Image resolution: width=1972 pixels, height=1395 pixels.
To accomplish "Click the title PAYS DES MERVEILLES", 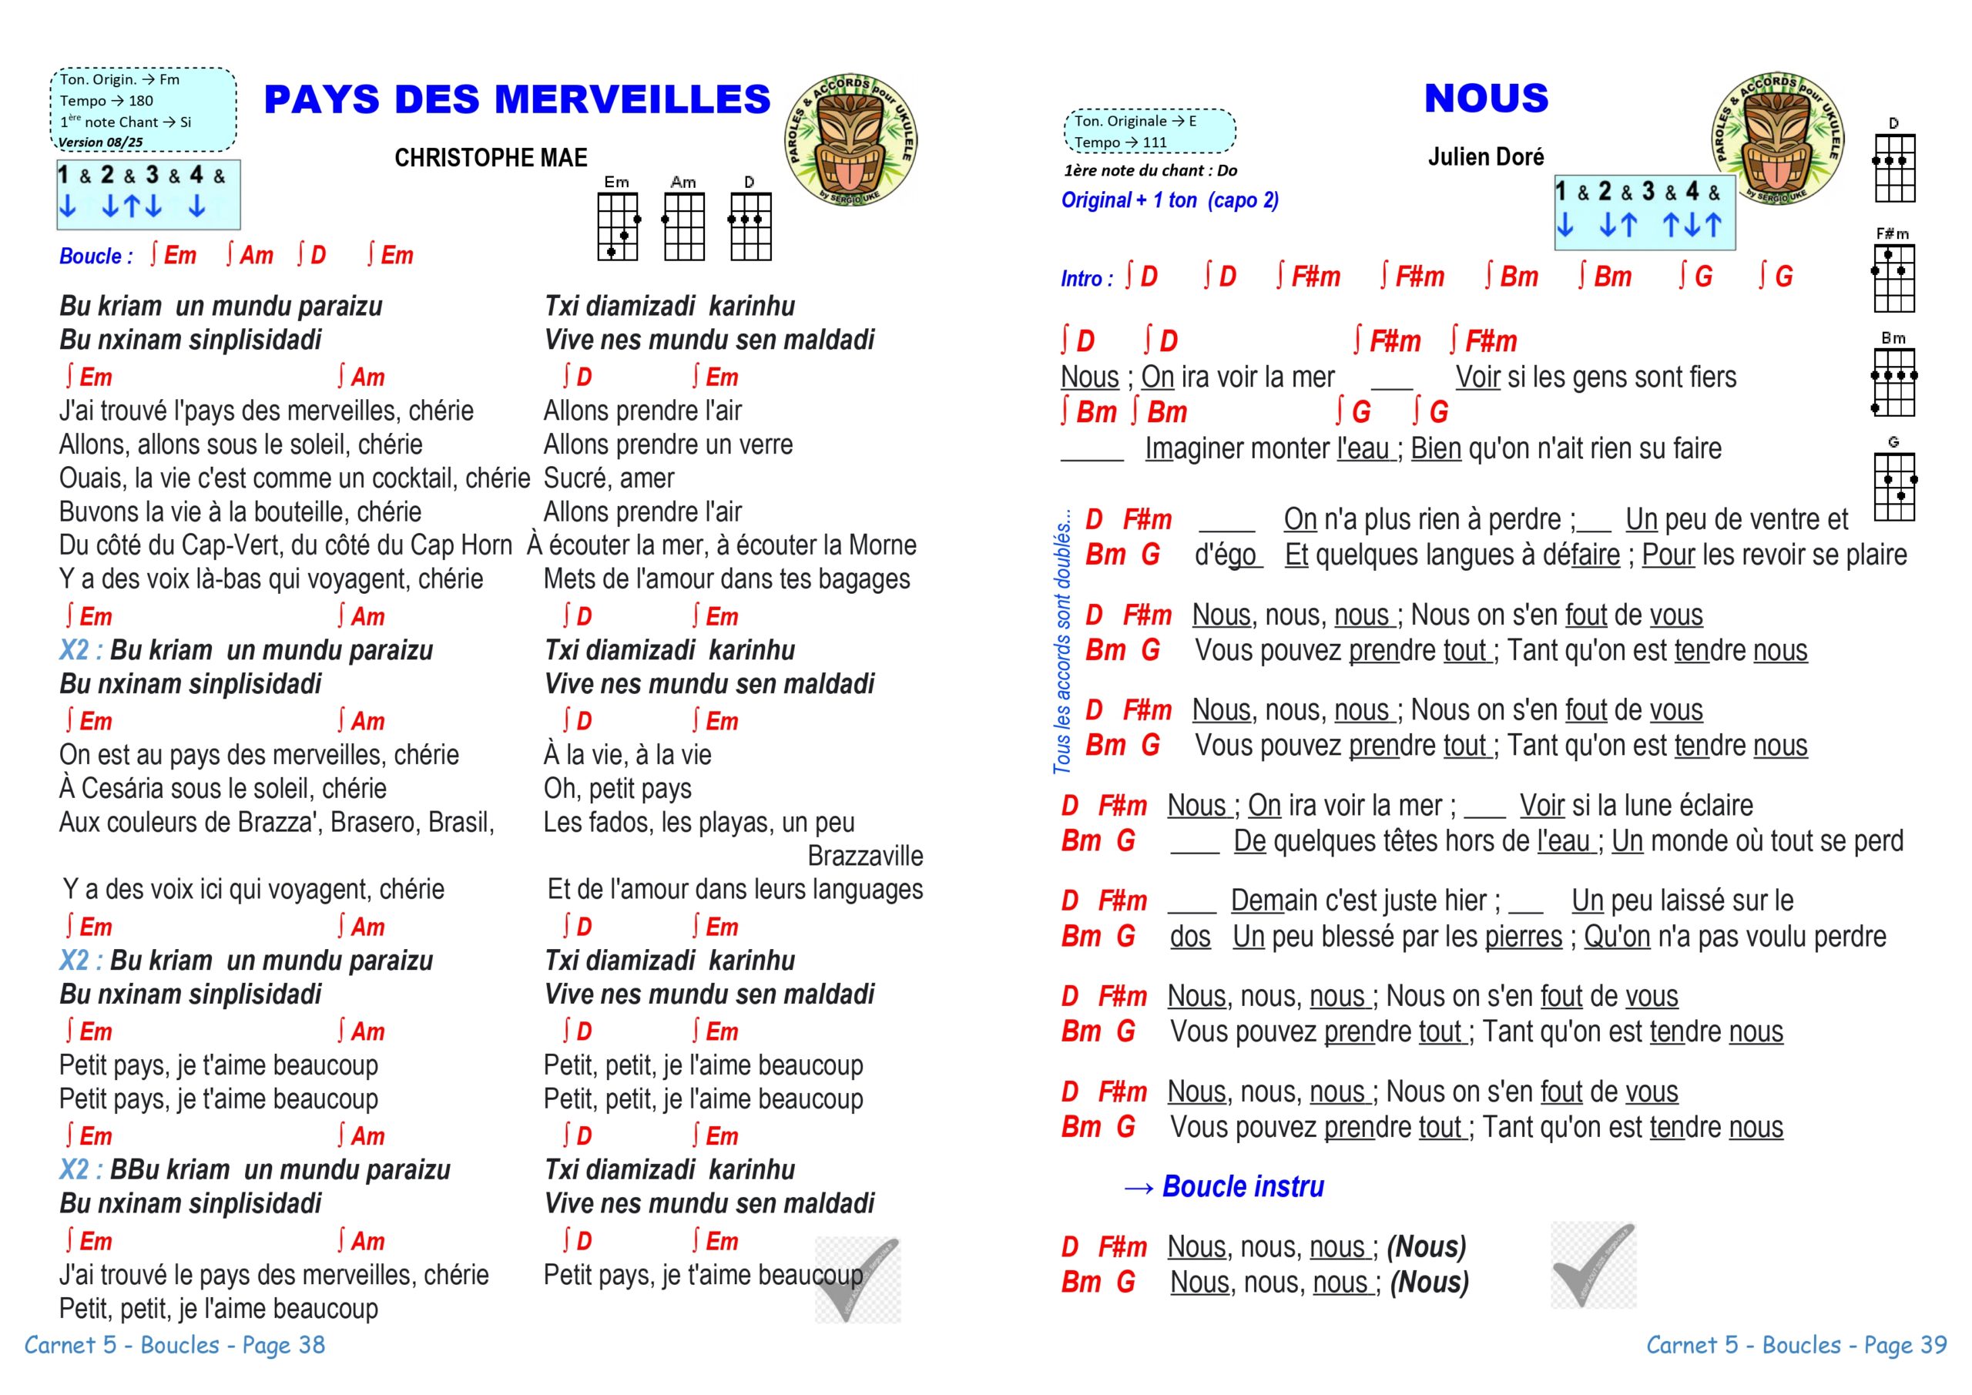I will [x=517, y=99].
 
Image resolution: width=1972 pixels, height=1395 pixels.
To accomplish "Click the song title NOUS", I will [x=1486, y=98].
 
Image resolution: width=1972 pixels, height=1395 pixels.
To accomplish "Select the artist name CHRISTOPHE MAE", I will [x=491, y=158].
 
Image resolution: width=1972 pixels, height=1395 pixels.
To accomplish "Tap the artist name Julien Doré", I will [x=1485, y=156].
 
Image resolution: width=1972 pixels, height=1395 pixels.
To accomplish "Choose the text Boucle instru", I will [x=1242, y=1186].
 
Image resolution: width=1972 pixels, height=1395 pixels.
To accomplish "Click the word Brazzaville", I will [x=865, y=856].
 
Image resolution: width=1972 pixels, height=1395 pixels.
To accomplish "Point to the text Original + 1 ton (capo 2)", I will [x=1170, y=200].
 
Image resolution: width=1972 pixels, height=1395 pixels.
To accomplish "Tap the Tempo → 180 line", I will [x=106, y=100].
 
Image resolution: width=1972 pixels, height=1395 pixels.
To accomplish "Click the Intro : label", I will [x=1086, y=278].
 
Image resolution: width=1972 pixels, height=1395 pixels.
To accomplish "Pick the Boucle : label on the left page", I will [x=96, y=256].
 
